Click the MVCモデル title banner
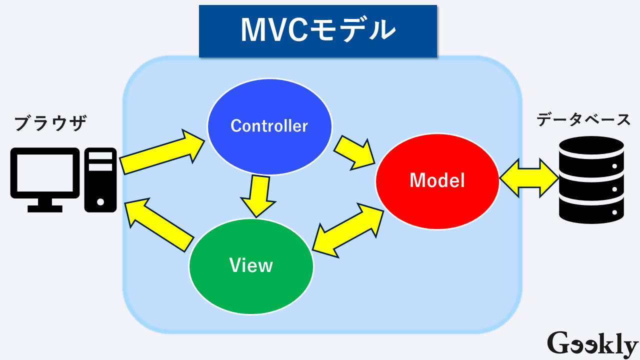tap(318, 31)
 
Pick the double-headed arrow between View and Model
tap(348, 230)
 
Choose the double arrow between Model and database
tap(529, 178)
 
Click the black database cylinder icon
tap(591, 180)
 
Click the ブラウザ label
tap(50, 123)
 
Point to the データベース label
tap(583, 120)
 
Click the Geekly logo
tap(592, 343)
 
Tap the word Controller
tap(269, 125)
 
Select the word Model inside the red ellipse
tap(437, 180)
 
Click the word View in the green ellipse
tap(251, 265)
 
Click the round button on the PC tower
tap(100, 202)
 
